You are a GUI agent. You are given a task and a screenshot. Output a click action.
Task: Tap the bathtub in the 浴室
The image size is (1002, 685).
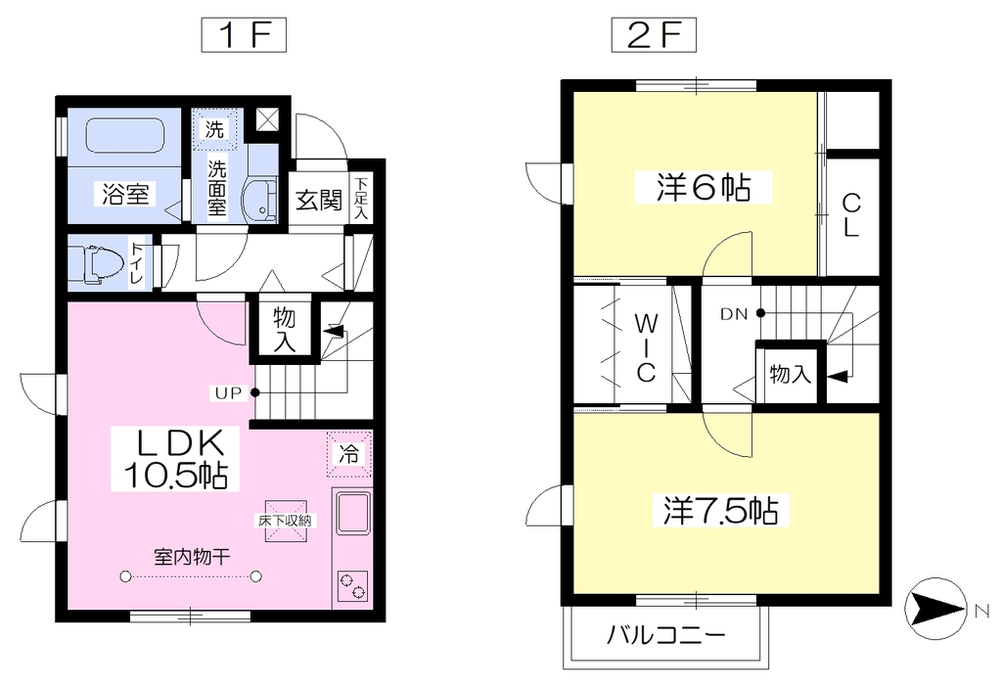(125, 135)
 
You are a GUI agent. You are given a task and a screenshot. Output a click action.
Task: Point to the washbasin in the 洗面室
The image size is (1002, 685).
(260, 199)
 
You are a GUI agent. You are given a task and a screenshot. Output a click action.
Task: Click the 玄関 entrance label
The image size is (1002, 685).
(319, 200)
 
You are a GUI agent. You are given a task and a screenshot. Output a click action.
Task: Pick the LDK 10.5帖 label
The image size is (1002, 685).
(175, 458)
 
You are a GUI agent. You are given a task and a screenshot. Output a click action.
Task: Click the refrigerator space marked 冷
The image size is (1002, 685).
(349, 454)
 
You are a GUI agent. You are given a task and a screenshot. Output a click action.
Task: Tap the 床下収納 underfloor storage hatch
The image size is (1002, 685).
(286, 521)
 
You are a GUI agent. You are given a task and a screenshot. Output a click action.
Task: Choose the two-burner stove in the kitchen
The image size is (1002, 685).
(352, 586)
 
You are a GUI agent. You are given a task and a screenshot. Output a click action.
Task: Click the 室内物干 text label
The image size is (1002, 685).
(192, 557)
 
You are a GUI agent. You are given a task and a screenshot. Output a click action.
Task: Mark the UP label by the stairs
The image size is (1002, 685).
(228, 393)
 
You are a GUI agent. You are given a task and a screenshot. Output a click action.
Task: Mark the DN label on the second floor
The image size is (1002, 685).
(734, 314)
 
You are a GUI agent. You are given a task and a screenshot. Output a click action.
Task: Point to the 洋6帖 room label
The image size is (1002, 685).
(704, 187)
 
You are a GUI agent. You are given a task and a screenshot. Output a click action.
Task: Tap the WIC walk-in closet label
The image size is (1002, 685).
(646, 347)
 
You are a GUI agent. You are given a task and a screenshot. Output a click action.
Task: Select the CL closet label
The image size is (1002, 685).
(851, 215)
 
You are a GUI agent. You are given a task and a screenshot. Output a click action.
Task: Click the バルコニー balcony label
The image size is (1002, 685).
(665, 635)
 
